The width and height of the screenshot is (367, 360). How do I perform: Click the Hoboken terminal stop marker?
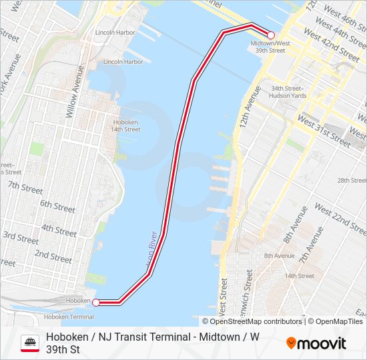[x=95, y=303]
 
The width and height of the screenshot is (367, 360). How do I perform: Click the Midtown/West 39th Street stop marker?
[x=271, y=35]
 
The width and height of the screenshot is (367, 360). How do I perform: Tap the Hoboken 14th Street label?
[x=126, y=125]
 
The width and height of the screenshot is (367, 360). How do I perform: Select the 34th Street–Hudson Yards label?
[x=288, y=91]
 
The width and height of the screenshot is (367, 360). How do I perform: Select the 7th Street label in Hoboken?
[x=25, y=187]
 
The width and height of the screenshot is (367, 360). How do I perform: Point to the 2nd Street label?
[x=53, y=255]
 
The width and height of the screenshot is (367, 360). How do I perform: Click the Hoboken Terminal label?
[x=69, y=317]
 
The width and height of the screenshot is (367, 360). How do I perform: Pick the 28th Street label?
[x=352, y=181]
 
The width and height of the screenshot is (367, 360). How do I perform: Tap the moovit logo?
[x=316, y=343]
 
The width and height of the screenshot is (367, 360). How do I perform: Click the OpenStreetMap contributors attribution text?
[x=256, y=321]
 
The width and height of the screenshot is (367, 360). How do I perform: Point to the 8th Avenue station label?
[x=279, y=255]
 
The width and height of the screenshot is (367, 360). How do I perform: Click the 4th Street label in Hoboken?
[x=59, y=230]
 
